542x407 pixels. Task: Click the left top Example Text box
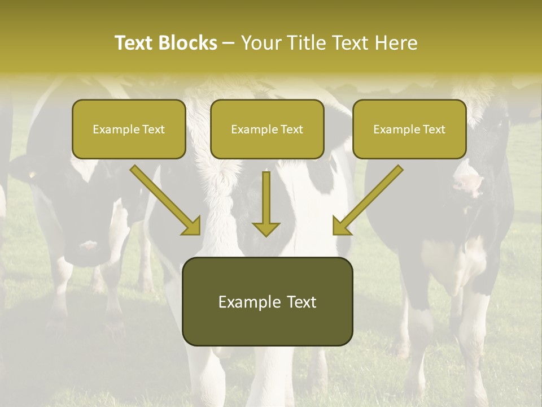click(129, 129)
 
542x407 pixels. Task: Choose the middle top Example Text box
click(267, 129)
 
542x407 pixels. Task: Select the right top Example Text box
click(409, 129)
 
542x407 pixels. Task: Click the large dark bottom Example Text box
click(267, 301)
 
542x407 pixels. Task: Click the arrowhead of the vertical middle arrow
click(266, 228)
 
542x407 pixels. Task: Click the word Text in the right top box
click(434, 129)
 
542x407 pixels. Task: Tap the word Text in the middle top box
click(291, 129)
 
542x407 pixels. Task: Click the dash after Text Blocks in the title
click(229, 43)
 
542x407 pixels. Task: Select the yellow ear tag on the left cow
click(31, 174)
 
